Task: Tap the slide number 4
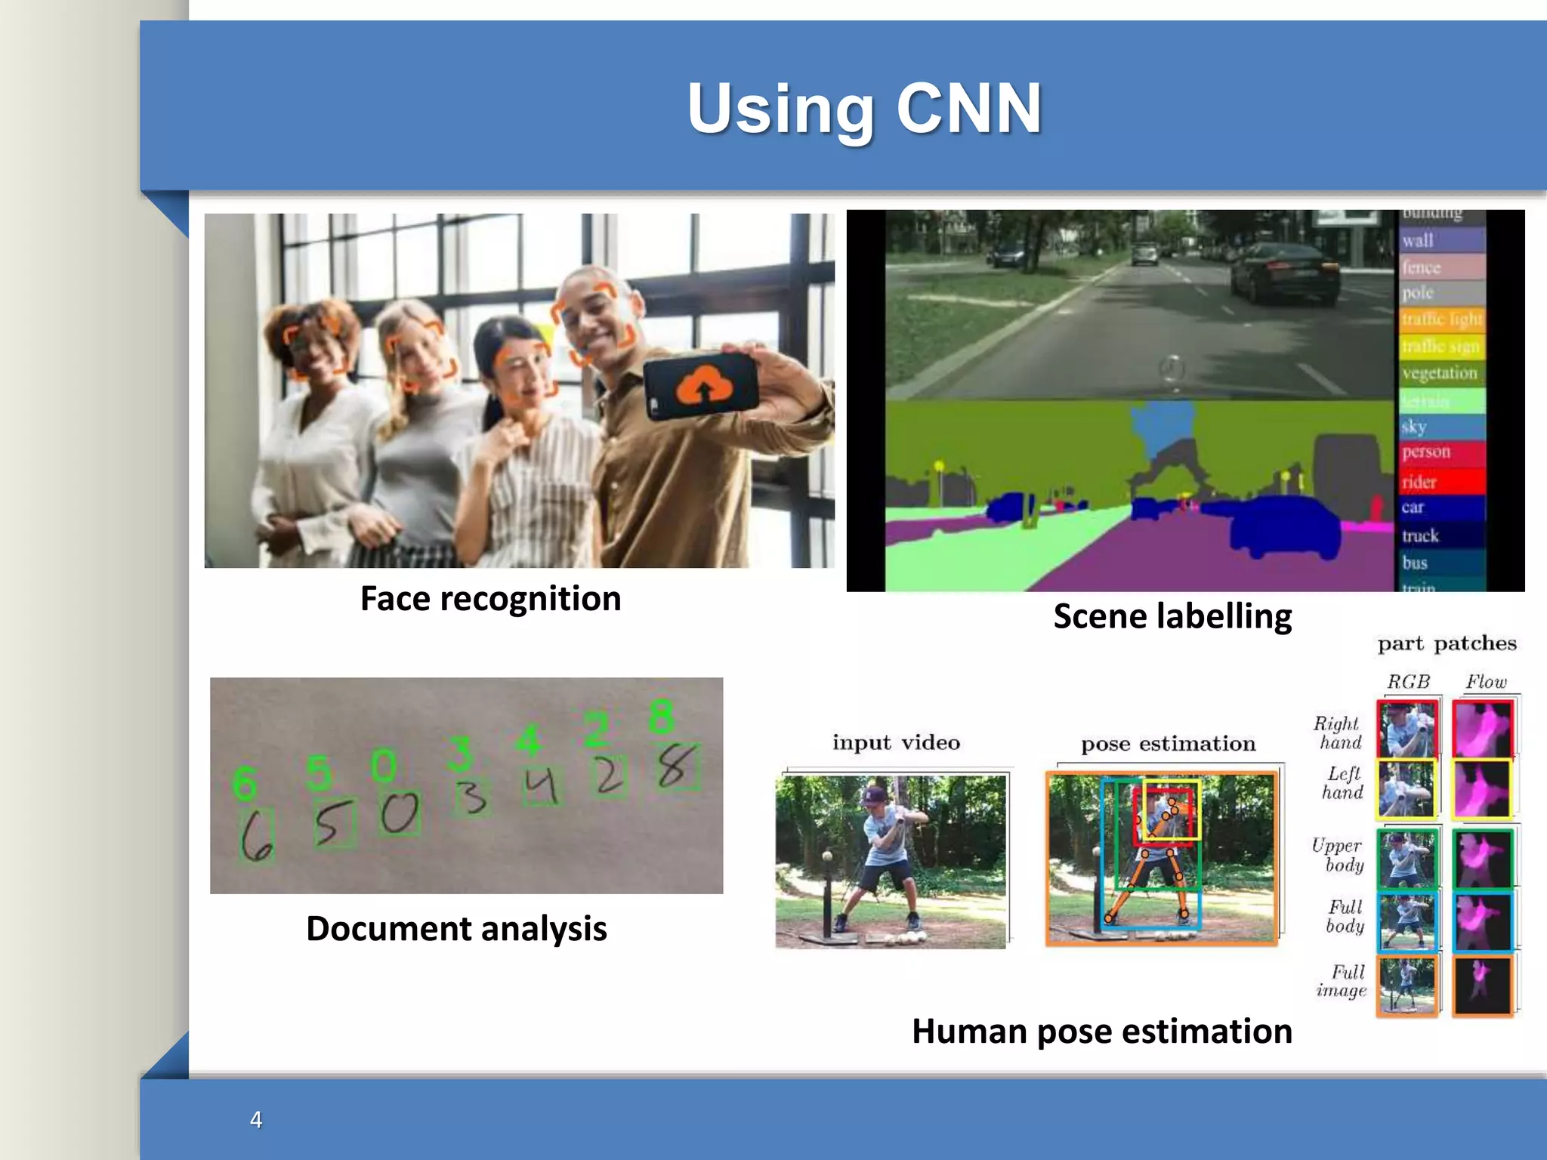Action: point(256,1119)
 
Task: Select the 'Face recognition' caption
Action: point(490,599)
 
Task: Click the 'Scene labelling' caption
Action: point(1172,616)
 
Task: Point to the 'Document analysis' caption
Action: point(456,929)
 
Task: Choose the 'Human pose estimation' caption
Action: point(1101,1032)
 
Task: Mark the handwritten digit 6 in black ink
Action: point(256,835)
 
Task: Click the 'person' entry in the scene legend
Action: point(1426,452)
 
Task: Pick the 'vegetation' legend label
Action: point(1439,373)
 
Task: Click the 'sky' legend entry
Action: point(1414,427)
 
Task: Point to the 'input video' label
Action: point(896,743)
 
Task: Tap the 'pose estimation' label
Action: point(1168,745)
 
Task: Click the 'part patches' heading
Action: point(1447,644)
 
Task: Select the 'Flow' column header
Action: point(1485,682)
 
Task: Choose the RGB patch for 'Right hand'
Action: point(1407,730)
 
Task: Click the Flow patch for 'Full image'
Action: point(1483,986)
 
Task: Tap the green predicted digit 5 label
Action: point(319,772)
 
